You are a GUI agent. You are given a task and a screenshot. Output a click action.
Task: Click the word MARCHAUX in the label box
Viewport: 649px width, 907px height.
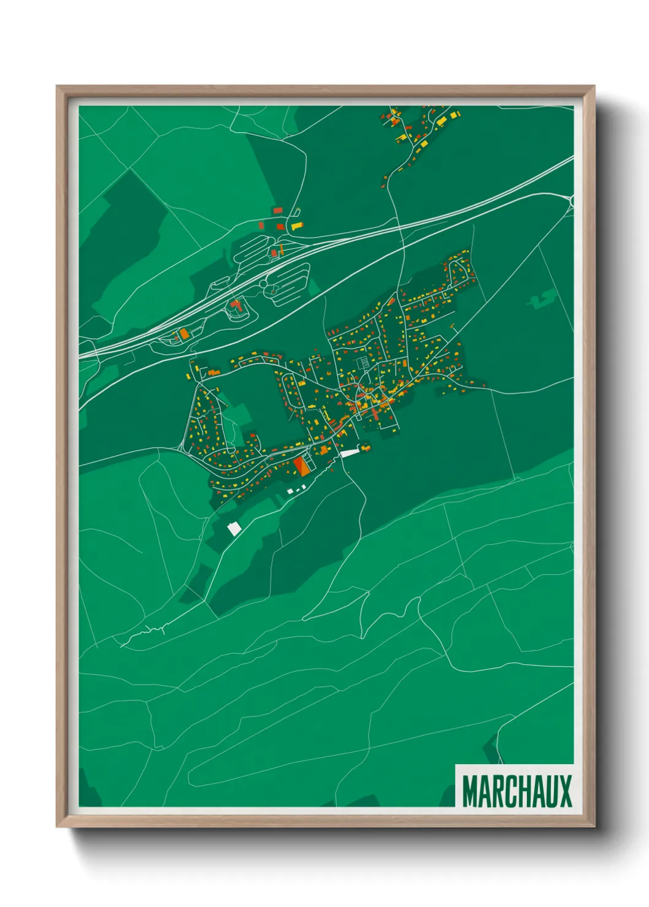tap(517, 791)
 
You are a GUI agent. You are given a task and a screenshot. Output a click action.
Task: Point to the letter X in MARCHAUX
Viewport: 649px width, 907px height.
tap(564, 791)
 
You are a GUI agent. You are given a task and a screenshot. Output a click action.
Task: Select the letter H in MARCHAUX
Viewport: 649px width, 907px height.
tap(519, 791)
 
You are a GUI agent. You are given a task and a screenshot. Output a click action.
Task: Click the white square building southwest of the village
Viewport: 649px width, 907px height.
tap(234, 529)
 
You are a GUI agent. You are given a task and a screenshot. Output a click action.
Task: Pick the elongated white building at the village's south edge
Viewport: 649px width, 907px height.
tap(349, 453)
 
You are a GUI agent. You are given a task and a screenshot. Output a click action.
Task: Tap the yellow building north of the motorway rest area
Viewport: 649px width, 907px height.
tap(297, 227)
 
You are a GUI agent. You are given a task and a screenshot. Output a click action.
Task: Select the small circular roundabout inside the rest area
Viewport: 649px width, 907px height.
tap(263, 284)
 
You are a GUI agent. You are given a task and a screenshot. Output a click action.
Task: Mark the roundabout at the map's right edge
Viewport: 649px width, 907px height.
tap(572, 200)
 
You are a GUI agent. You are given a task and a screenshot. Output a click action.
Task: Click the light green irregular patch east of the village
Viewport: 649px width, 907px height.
tap(542, 299)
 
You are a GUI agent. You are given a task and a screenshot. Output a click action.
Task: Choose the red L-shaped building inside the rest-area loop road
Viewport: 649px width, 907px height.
tap(235, 304)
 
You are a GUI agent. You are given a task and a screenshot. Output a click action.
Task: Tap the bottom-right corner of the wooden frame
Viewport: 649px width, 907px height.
tap(594, 826)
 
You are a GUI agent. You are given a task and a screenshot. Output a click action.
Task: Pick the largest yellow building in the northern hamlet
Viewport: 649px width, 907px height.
tap(454, 115)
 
